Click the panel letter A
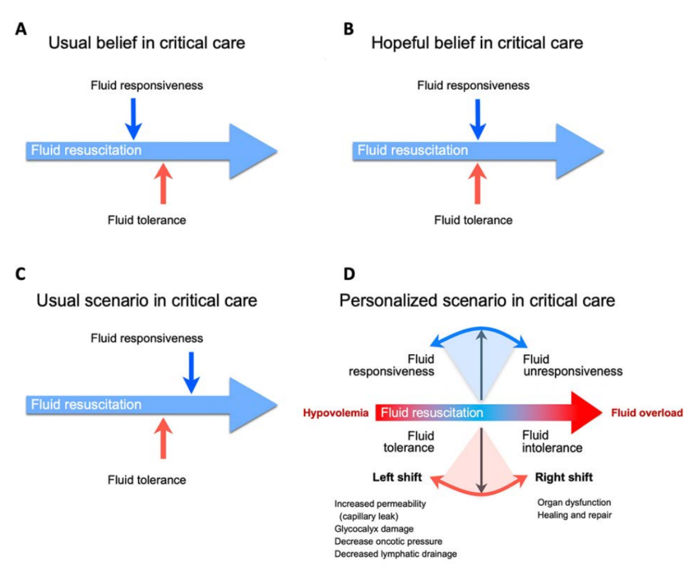(21, 29)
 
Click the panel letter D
(349, 274)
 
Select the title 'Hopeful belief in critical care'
(477, 43)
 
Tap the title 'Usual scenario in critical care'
(147, 301)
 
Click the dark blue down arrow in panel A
(133, 119)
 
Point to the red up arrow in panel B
(478, 183)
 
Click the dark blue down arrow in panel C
(191, 373)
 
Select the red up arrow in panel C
(163, 438)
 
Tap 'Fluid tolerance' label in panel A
(147, 220)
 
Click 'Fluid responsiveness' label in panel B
(473, 85)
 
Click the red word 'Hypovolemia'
(336, 413)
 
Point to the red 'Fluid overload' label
(647, 413)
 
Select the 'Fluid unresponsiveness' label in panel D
(573, 365)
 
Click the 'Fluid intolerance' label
(552, 441)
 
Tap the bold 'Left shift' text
(397, 477)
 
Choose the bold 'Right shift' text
(564, 477)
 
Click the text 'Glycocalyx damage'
(374, 528)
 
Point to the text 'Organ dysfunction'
(574, 503)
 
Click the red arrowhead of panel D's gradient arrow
(585, 413)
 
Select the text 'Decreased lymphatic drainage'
(396, 554)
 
